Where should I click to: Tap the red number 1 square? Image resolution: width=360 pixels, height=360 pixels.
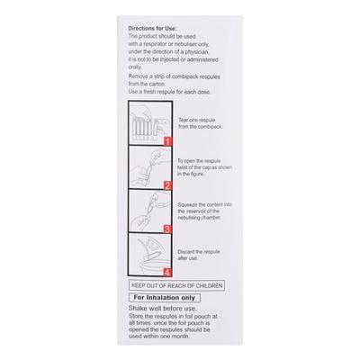[x=166, y=142]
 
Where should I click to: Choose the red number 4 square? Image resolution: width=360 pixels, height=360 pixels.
[x=166, y=271]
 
